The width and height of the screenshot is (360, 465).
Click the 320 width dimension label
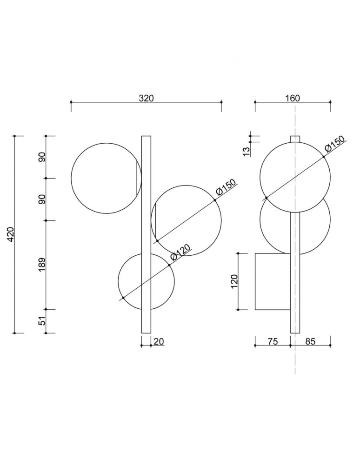coord(147,98)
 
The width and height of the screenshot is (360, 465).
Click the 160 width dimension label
coord(293,98)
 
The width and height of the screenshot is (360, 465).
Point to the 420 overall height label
coord(10,234)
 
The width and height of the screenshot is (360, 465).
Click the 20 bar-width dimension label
coord(159,342)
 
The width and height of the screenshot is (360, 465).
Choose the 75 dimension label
coord(273,342)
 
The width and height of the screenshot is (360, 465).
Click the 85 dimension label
coord(310,342)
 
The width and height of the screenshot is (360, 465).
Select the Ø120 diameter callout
coord(180,253)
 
